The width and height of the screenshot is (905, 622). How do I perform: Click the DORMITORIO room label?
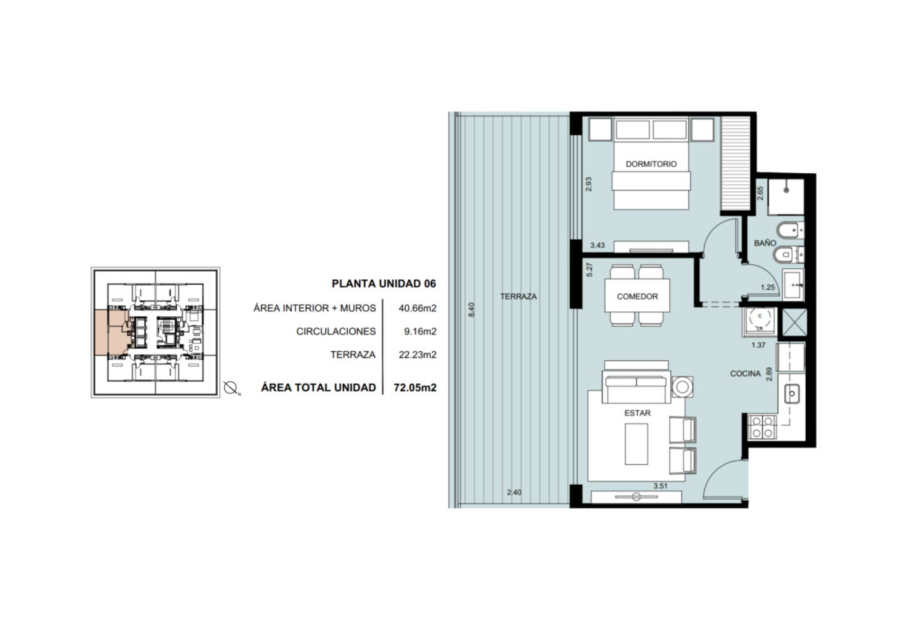point(651,164)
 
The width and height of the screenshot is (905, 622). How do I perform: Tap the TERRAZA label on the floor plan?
point(518,297)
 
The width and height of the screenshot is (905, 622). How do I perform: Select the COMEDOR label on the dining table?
point(637,297)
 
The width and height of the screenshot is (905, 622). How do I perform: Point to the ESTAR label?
point(637,413)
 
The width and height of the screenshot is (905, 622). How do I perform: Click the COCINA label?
point(745,373)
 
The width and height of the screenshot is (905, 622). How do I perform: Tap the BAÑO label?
point(765,243)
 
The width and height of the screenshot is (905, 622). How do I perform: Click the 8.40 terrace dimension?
point(471,310)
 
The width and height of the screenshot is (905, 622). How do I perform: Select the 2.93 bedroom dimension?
point(588,184)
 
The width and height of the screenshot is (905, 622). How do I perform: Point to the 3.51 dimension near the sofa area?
point(660,486)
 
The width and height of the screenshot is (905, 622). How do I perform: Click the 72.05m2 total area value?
point(415,387)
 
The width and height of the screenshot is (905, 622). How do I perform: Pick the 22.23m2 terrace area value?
point(418,355)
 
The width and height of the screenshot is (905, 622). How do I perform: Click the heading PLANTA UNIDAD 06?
point(384,283)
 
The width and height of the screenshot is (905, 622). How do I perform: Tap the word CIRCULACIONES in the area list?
point(336,332)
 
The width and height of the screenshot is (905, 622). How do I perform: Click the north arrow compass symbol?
point(230,388)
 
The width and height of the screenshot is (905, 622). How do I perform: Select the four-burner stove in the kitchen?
point(762,427)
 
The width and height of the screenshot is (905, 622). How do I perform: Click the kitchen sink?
point(792,394)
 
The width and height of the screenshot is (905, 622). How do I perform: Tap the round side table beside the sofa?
point(682,387)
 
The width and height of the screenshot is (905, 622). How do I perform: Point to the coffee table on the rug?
point(636,444)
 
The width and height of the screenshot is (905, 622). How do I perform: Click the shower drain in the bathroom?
point(786,190)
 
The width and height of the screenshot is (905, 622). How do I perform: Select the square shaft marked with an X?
point(794,323)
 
